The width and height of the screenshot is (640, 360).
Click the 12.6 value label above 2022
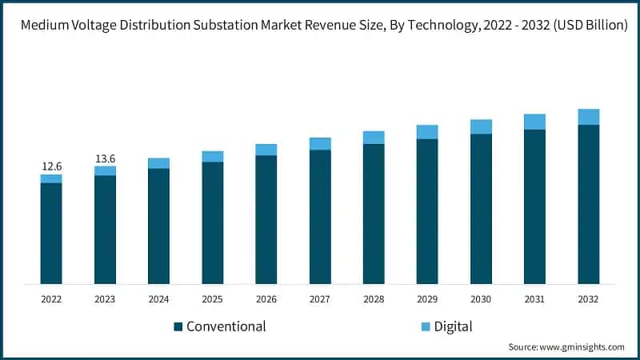pyautogui.click(x=52, y=166)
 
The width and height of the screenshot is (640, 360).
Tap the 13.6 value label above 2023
pyautogui.click(x=106, y=158)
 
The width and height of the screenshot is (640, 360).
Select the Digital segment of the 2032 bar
pyautogui.click(x=589, y=117)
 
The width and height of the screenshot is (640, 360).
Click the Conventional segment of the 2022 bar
pyautogui.click(x=52, y=233)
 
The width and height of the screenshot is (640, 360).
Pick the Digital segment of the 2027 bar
pyautogui.click(x=320, y=143)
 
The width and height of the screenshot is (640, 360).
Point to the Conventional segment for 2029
pyautogui.click(x=427, y=211)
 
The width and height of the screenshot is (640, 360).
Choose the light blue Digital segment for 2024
pyautogui.click(x=159, y=163)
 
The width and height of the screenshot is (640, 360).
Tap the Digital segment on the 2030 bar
pyautogui.click(x=481, y=126)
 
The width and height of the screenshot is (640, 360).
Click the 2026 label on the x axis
pyautogui.click(x=266, y=299)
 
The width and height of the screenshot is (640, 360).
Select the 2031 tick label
pyautogui.click(x=534, y=299)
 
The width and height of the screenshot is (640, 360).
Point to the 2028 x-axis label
pyautogui.click(x=374, y=299)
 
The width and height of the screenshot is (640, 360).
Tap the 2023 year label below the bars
pyautogui.click(x=106, y=299)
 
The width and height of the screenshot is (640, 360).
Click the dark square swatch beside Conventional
pyautogui.click(x=178, y=326)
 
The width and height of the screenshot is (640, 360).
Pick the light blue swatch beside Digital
pyautogui.click(x=426, y=326)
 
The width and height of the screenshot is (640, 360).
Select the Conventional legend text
pyautogui.click(x=226, y=326)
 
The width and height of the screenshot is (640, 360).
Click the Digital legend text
pyautogui.click(x=454, y=326)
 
